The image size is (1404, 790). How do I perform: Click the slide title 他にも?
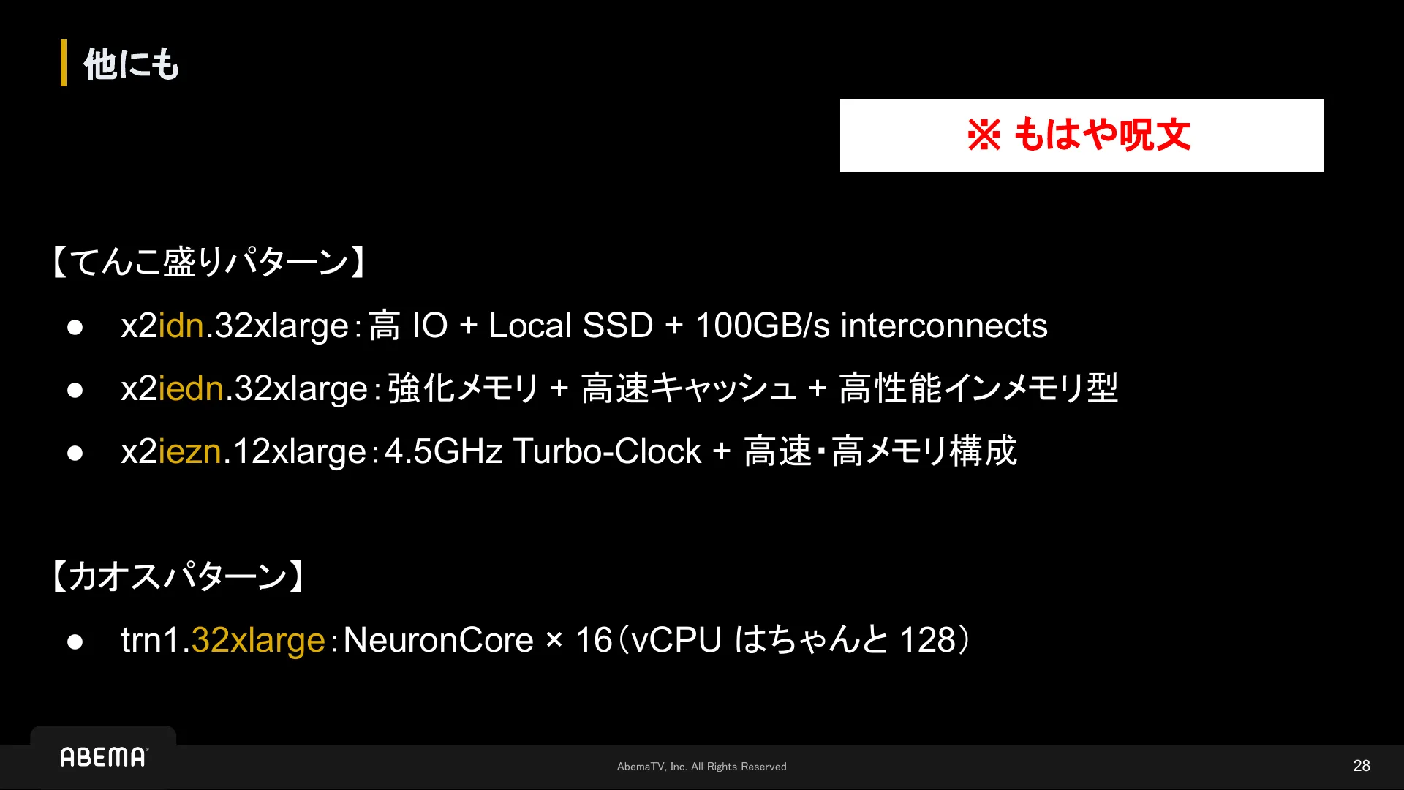tap(132, 64)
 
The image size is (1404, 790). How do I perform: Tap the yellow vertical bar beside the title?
tap(64, 63)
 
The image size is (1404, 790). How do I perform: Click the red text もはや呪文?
tap(1102, 135)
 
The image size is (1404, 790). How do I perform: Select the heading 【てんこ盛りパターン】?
tap(208, 262)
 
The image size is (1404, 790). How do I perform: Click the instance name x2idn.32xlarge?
tap(235, 326)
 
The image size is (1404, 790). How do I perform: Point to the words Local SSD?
tap(570, 326)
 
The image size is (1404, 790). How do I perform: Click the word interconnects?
tap(944, 326)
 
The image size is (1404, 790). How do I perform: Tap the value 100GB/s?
tap(763, 326)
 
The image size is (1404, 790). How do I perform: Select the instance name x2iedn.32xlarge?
tap(244, 388)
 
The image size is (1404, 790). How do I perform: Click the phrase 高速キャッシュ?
tap(688, 388)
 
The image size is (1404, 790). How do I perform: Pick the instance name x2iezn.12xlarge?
tap(244, 451)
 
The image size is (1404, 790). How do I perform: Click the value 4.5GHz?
tap(443, 451)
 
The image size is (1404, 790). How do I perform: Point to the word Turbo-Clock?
tap(607, 451)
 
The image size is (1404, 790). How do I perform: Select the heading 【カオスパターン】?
tap(178, 576)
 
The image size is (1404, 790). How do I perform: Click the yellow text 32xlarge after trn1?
tap(258, 641)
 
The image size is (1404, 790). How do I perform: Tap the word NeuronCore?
tap(439, 640)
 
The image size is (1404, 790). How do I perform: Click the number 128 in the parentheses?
tap(928, 640)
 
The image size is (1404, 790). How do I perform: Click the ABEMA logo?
tap(104, 757)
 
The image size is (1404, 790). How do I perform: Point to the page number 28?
tap(1362, 766)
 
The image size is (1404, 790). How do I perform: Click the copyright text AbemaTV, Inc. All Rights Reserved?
tap(702, 767)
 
